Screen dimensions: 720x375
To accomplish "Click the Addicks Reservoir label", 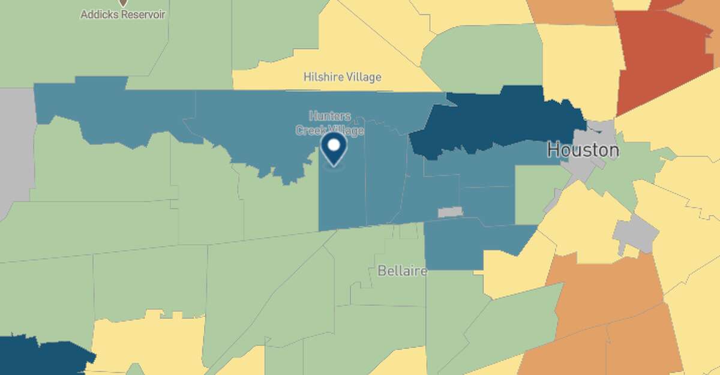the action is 123,14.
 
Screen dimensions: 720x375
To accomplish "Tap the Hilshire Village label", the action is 342,77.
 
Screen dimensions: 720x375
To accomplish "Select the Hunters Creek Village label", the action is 329,123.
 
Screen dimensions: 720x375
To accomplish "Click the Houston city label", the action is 583,149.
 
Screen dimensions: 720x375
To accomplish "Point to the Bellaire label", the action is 403,271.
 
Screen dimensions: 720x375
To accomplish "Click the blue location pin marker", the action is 334,149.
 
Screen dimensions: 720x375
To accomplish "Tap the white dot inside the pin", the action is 334,145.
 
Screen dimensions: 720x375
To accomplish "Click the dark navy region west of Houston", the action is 498,123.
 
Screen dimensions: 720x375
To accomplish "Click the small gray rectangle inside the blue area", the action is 450,212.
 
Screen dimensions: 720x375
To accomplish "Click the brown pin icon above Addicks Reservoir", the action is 123,2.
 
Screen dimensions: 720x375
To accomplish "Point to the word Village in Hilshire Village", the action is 363,77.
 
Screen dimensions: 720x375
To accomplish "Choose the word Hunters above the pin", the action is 329,116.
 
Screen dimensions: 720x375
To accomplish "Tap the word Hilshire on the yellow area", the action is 322,77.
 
